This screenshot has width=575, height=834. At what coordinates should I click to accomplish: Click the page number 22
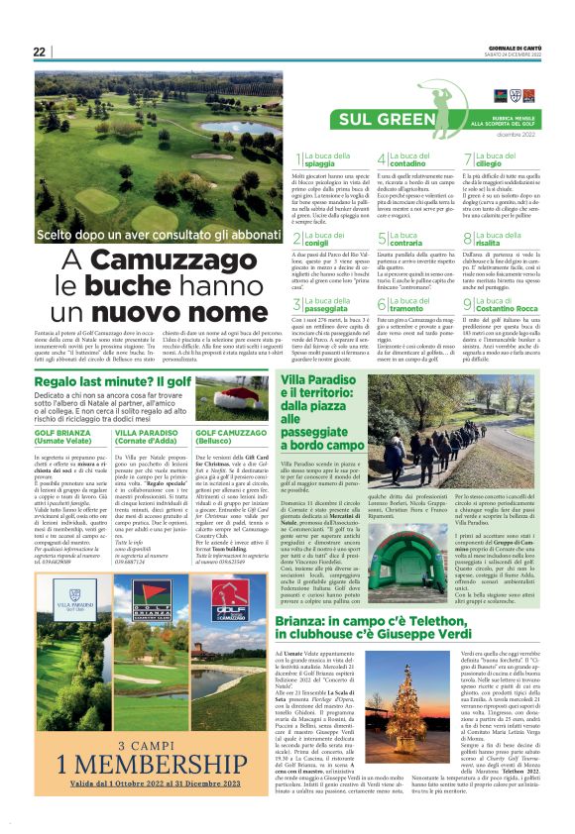(x=40, y=52)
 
